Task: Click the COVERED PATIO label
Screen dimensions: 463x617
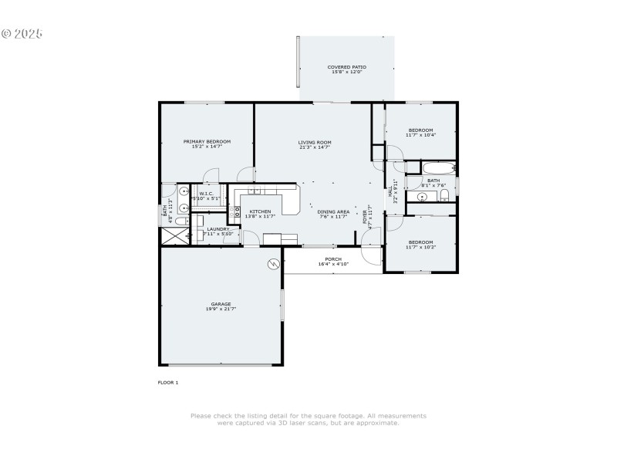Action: point(347,67)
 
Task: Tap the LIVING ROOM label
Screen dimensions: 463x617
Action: point(315,142)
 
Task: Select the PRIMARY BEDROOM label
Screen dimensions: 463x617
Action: point(207,141)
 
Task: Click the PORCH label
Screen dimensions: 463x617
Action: point(333,259)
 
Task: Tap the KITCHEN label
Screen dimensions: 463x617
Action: point(259,211)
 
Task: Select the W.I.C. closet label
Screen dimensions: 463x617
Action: point(207,194)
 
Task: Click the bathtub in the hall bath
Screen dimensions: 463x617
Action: point(438,167)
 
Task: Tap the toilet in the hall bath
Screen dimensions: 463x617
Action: point(444,197)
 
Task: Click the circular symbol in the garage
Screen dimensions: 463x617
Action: point(272,265)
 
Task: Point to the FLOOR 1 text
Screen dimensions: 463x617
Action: point(168,382)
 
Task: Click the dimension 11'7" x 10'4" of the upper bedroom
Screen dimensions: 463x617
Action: point(421,135)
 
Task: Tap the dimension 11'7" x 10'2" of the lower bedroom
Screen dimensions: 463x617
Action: point(421,248)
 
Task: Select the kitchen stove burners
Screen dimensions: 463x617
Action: point(237,208)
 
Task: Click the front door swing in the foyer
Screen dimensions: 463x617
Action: point(372,254)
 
